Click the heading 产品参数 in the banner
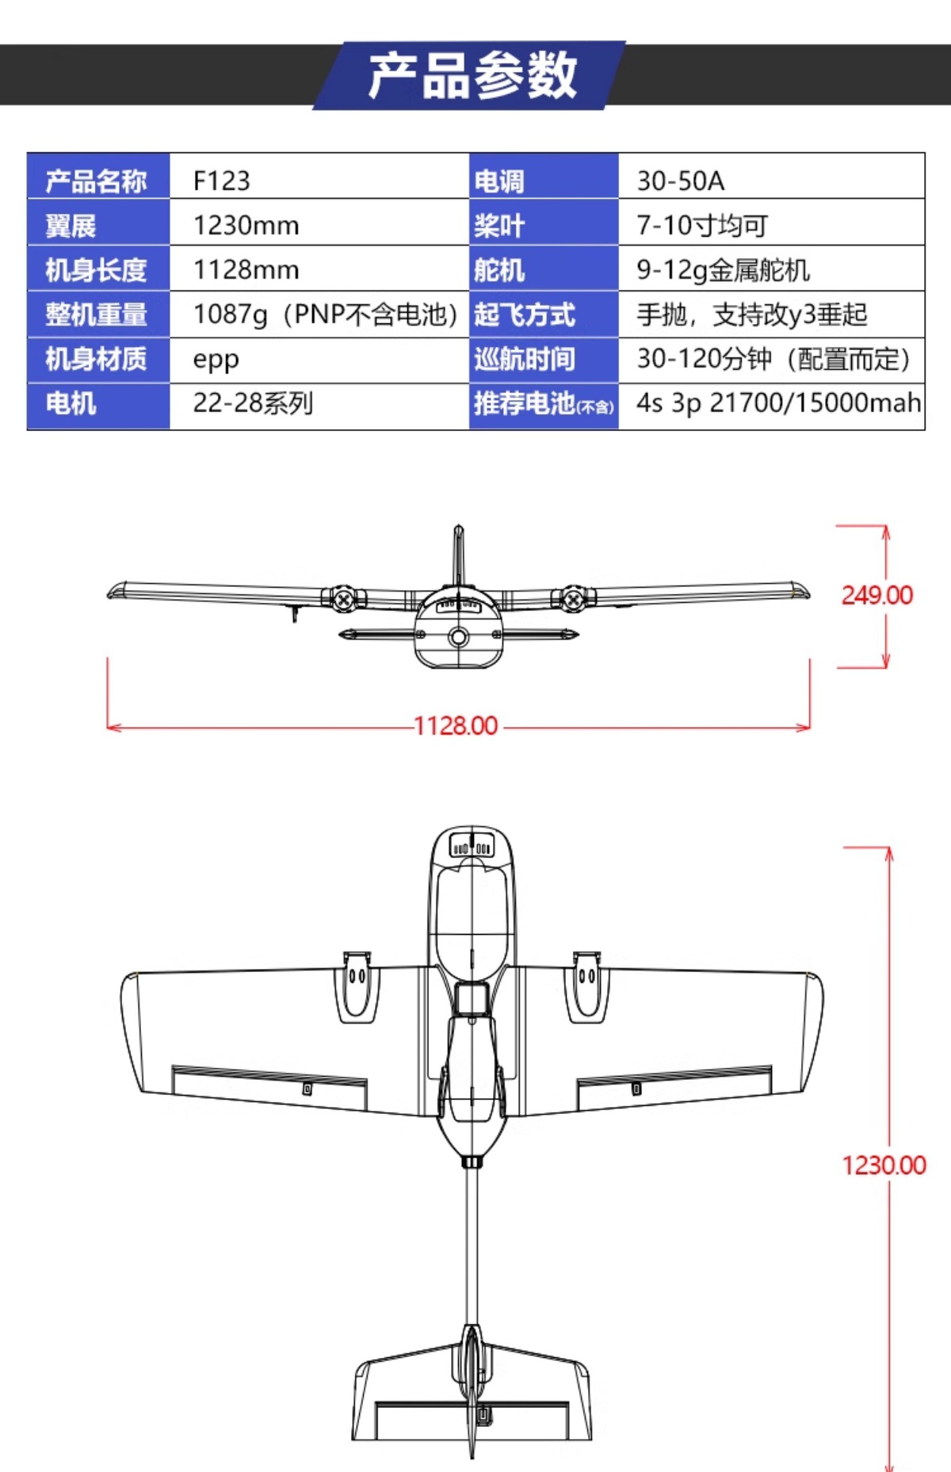click(472, 75)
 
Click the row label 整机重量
click(96, 315)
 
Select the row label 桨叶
click(498, 226)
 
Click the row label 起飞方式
click(524, 315)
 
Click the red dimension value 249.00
click(877, 595)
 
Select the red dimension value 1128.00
click(456, 726)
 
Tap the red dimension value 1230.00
click(884, 1165)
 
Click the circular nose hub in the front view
click(458, 636)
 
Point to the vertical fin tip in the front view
click(458, 528)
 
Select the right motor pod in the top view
click(586, 987)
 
